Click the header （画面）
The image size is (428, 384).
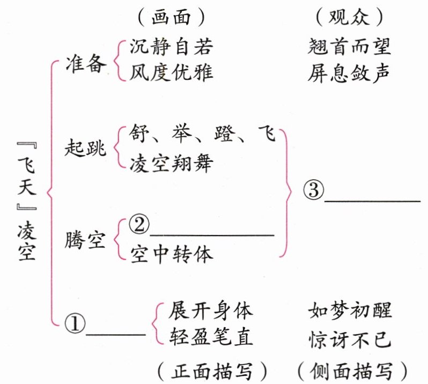pos(171,17)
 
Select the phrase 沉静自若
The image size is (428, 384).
pos(171,47)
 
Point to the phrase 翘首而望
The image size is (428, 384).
pos(350,47)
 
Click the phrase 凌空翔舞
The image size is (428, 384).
pos(171,163)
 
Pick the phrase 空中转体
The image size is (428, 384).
pos(171,254)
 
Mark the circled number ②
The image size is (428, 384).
pos(138,226)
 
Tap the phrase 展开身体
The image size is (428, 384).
pos(210,310)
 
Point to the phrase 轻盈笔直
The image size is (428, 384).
pos(210,338)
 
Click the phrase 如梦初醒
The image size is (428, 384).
pos(350,310)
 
